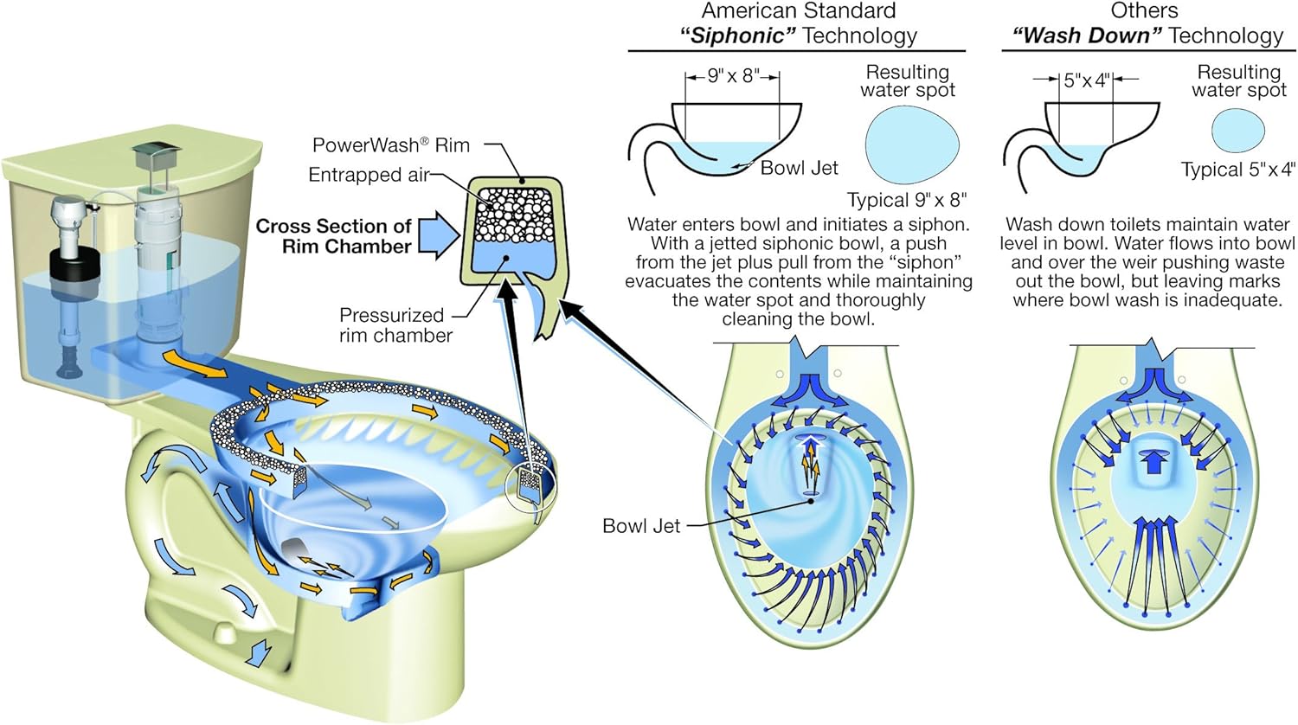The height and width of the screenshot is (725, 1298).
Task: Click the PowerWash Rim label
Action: pyautogui.click(x=391, y=144)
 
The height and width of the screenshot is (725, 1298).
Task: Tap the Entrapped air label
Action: pyautogui.click(x=368, y=175)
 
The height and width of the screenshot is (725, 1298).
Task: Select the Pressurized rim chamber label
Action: pyautogui.click(x=395, y=325)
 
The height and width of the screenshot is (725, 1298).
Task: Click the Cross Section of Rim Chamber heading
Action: pyautogui.click(x=334, y=236)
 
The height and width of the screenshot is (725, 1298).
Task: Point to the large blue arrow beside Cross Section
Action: pyautogui.click(x=439, y=235)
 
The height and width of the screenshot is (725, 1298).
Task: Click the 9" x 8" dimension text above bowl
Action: pyautogui.click(x=733, y=76)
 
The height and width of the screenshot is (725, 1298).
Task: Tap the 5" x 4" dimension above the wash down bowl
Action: pyautogui.click(x=1086, y=80)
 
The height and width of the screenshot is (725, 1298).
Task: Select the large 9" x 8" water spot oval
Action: pyautogui.click(x=912, y=144)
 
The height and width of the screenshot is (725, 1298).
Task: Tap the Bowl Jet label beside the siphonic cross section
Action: pyautogui.click(x=799, y=168)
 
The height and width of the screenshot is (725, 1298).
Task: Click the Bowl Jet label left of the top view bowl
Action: pyautogui.click(x=641, y=526)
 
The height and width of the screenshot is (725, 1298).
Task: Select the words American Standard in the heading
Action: pyautogui.click(x=799, y=10)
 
